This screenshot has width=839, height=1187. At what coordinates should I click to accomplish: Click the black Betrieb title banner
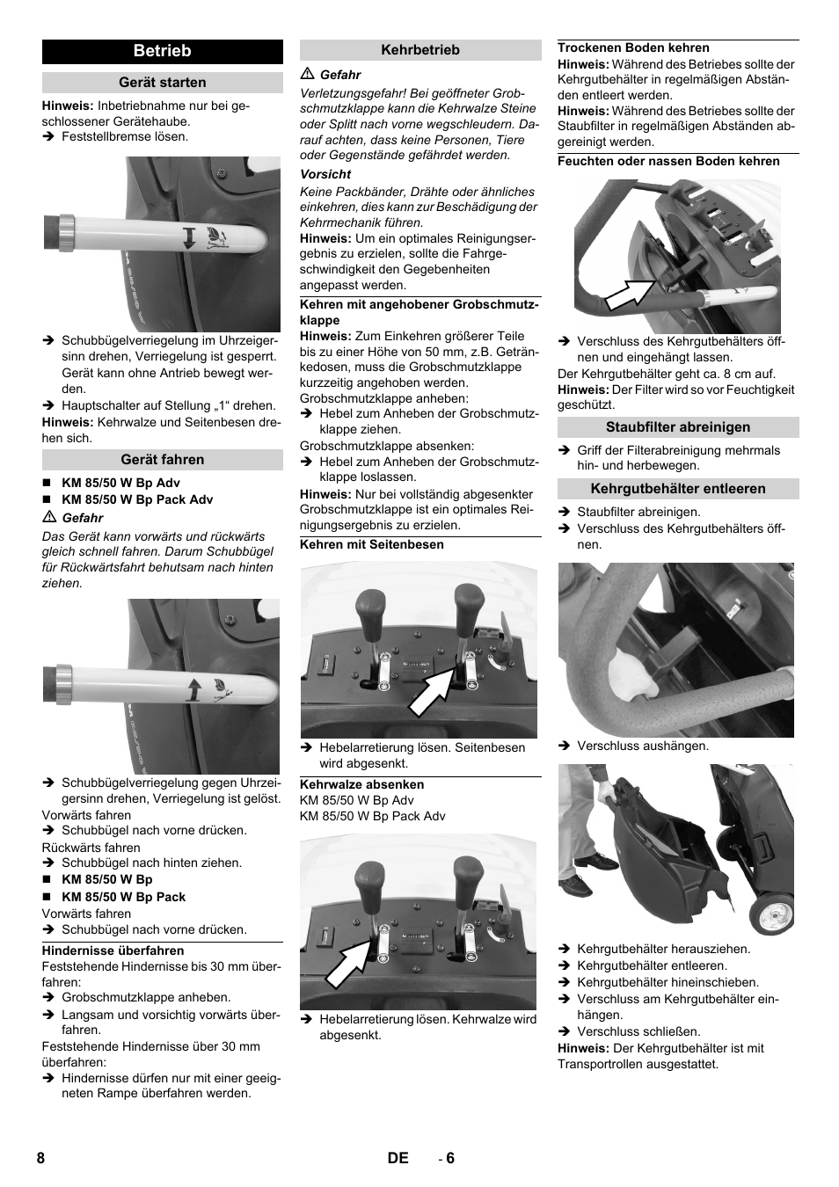pos(162,51)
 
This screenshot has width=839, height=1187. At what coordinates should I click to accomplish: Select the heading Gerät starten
pos(162,82)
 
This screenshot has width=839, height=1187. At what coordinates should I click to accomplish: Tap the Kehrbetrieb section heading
pos(420,50)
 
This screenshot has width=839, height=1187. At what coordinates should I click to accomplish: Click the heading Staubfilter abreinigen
pos(678,427)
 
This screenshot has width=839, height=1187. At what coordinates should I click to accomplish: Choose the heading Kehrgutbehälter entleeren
pos(678,489)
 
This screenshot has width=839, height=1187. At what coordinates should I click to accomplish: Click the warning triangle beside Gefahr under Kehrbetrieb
pos(308,74)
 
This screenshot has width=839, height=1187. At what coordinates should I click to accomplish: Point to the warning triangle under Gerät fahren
pos(49,517)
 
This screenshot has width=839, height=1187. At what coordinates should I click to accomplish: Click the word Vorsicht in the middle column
pos(325,174)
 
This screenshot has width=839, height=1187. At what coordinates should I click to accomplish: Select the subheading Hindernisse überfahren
pos(113,950)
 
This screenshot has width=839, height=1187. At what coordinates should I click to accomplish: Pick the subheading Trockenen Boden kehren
pos(633,47)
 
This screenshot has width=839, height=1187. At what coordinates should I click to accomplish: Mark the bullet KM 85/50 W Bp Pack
pos(123,897)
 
